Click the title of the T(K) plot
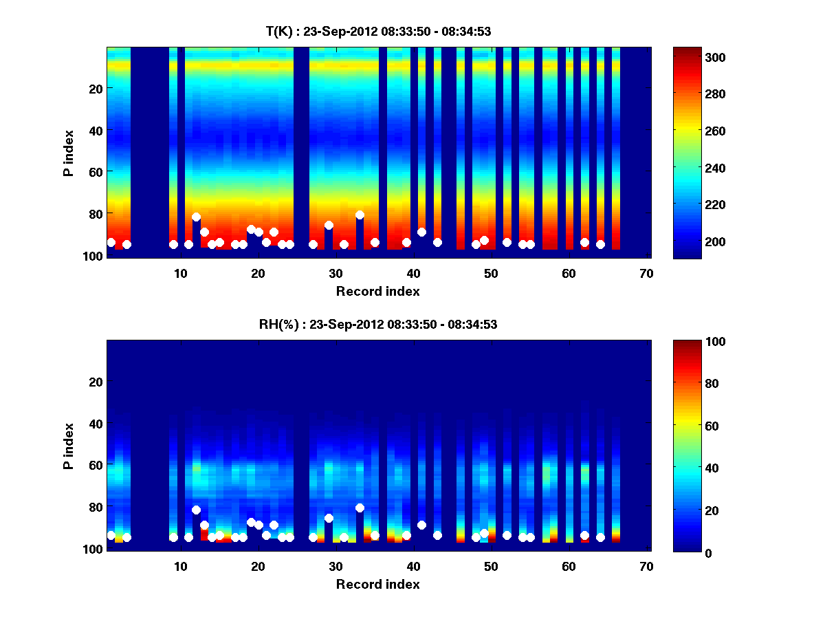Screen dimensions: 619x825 378,31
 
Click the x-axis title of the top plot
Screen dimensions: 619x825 377,291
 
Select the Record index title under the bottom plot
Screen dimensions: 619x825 377,584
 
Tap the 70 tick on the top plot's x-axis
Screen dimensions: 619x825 646,273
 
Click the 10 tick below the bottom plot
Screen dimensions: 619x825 180,566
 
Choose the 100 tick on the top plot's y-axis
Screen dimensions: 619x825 93,256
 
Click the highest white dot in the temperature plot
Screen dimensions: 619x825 360,215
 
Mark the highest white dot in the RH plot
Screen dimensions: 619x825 360,508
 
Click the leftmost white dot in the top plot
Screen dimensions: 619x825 111,242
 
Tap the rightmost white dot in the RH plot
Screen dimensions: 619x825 600,537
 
